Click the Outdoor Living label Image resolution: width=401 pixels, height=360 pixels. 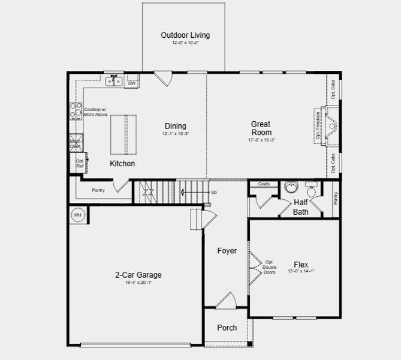click(x=185, y=35)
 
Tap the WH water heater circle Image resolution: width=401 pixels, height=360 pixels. click(x=77, y=214)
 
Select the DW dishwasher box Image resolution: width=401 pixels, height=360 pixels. click(x=132, y=83)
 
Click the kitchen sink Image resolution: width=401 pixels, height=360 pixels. click(x=114, y=80)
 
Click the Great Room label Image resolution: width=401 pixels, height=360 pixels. click(x=261, y=128)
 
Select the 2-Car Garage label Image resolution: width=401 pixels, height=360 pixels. click(x=138, y=275)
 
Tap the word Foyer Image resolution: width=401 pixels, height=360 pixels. click(x=227, y=251)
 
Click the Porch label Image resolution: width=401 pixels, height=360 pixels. click(x=227, y=328)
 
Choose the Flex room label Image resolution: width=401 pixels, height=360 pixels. click(x=301, y=265)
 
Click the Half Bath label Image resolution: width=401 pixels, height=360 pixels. click(x=300, y=207)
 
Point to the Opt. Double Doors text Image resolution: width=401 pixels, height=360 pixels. click(x=269, y=267)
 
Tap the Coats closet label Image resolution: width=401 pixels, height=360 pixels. click(x=264, y=184)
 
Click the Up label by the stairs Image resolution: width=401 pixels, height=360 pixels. click(x=214, y=193)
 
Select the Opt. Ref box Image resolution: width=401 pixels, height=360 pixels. click(x=79, y=162)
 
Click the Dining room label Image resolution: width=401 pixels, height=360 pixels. click(x=176, y=126)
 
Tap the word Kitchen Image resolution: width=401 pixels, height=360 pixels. click(x=122, y=163)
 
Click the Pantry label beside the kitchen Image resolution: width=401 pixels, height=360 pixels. click(x=98, y=191)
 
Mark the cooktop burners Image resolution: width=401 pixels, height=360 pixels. click(x=76, y=110)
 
